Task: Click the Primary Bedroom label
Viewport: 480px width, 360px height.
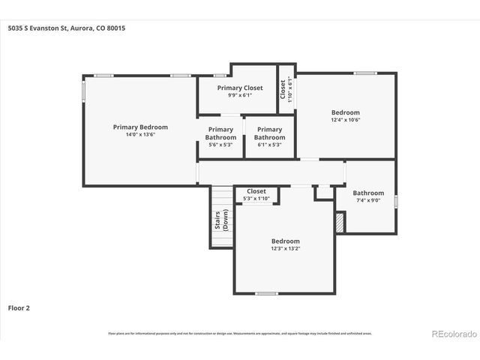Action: [x=140, y=127]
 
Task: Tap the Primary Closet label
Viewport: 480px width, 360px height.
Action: [x=240, y=88]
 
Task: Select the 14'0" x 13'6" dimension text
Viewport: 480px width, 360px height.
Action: [x=140, y=135]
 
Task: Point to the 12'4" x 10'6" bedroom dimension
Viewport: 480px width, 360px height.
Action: [x=346, y=120]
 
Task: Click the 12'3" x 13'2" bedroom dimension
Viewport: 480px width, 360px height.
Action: [x=285, y=249]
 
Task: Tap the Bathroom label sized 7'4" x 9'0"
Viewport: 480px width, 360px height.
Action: [x=368, y=193]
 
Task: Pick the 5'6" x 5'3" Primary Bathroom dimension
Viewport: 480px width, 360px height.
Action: [x=220, y=145]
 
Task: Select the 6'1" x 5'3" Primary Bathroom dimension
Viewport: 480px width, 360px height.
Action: [x=269, y=145]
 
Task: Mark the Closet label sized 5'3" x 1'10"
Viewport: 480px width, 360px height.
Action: [x=256, y=191]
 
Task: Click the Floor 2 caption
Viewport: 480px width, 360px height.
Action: [x=19, y=307]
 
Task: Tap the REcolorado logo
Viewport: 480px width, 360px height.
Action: [x=452, y=333]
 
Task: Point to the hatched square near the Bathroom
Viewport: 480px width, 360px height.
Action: [x=339, y=222]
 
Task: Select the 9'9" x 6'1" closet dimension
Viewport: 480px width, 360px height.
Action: [x=240, y=95]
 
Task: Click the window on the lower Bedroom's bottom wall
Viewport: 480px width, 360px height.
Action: [x=266, y=293]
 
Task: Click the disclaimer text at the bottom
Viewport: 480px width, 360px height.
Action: [x=239, y=333]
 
